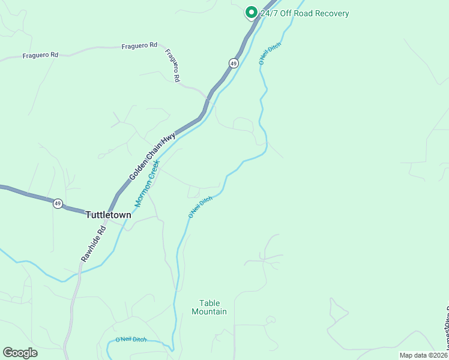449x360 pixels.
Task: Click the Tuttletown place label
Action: pyautogui.click(x=108, y=214)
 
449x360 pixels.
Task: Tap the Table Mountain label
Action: pyautogui.click(x=209, y=307)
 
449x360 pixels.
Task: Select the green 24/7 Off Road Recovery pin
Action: pyautogui.click(x=251, y=12)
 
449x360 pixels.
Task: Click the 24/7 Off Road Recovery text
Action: pyautogui.click(x=304, y=13)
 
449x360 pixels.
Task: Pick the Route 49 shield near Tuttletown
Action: pyautogui.click(x=57, y=203)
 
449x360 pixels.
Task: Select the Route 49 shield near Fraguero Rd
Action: pyautogui.click(x=234, y=63)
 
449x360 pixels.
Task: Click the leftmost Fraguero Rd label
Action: pyautogui.click(x=40, y=55)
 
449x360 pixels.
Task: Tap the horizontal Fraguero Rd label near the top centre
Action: pyautogui.click(x=139, y=46)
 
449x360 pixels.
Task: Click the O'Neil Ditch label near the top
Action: pyautogui.click(x=270, y=53)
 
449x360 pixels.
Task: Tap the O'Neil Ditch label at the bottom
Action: pyautogui.click(x=131, y=340)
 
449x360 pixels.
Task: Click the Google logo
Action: pyautogui.click(x=20, y=353)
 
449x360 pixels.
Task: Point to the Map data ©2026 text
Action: pyautogui.click(x=423, y=355)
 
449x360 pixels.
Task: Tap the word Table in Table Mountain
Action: pyautogui.click(x=209, y=303)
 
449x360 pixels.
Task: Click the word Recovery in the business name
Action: pyautogui.click(x=333, y=13)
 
